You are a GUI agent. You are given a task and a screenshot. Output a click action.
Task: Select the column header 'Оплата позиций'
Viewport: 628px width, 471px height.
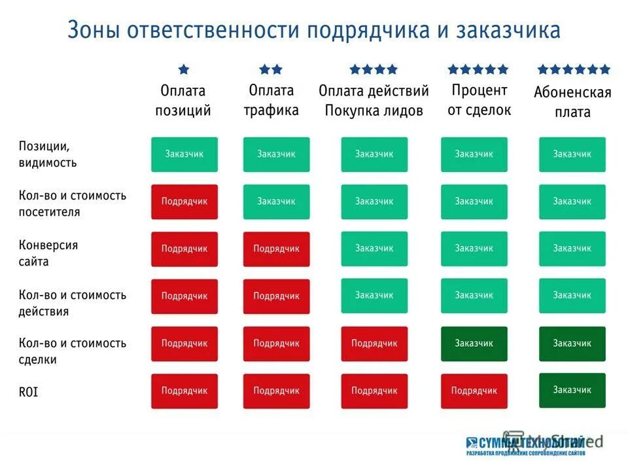pos(183,100)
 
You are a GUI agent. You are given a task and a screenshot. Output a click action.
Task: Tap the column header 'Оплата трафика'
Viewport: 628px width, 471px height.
pos(271,100)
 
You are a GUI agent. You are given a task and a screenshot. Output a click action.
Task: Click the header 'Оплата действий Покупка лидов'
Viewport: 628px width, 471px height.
pos(374,100)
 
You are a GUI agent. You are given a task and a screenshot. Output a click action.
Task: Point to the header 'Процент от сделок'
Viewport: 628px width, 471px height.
pos(479,100)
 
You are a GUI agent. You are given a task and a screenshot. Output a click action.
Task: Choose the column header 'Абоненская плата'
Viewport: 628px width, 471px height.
pos(572,102)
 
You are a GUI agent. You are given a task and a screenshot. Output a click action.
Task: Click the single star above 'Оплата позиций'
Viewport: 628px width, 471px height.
pos(184,69)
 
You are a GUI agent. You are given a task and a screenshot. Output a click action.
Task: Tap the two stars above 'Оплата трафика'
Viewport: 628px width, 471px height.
pos(271,69)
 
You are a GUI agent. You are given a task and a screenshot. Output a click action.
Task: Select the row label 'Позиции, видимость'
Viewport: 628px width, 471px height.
pos(47,154)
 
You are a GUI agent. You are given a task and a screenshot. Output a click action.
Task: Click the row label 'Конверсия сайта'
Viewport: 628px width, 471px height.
pos(47,253)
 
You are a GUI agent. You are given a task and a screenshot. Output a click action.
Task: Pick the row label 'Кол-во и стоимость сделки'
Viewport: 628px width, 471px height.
pos(72,351)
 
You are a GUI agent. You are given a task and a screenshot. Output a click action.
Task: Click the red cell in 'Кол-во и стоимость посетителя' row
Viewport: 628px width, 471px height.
pos(184,201)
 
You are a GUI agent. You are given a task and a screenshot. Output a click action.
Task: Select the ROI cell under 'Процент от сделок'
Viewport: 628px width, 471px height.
pos(474,391)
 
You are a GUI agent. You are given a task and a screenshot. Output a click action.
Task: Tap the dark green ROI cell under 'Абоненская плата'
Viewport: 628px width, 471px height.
pos(572,390)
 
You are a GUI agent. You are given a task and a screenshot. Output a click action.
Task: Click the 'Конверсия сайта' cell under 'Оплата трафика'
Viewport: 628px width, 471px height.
pos(276,249)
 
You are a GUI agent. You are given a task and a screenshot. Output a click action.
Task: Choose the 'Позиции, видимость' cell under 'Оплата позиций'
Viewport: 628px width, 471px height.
pos(184,154)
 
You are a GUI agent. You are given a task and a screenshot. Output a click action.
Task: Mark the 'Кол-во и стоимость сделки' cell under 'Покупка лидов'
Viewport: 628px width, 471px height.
pos(374,343)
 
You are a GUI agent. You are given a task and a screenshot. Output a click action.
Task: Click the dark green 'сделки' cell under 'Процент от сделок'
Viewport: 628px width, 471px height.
pos(474,343)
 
